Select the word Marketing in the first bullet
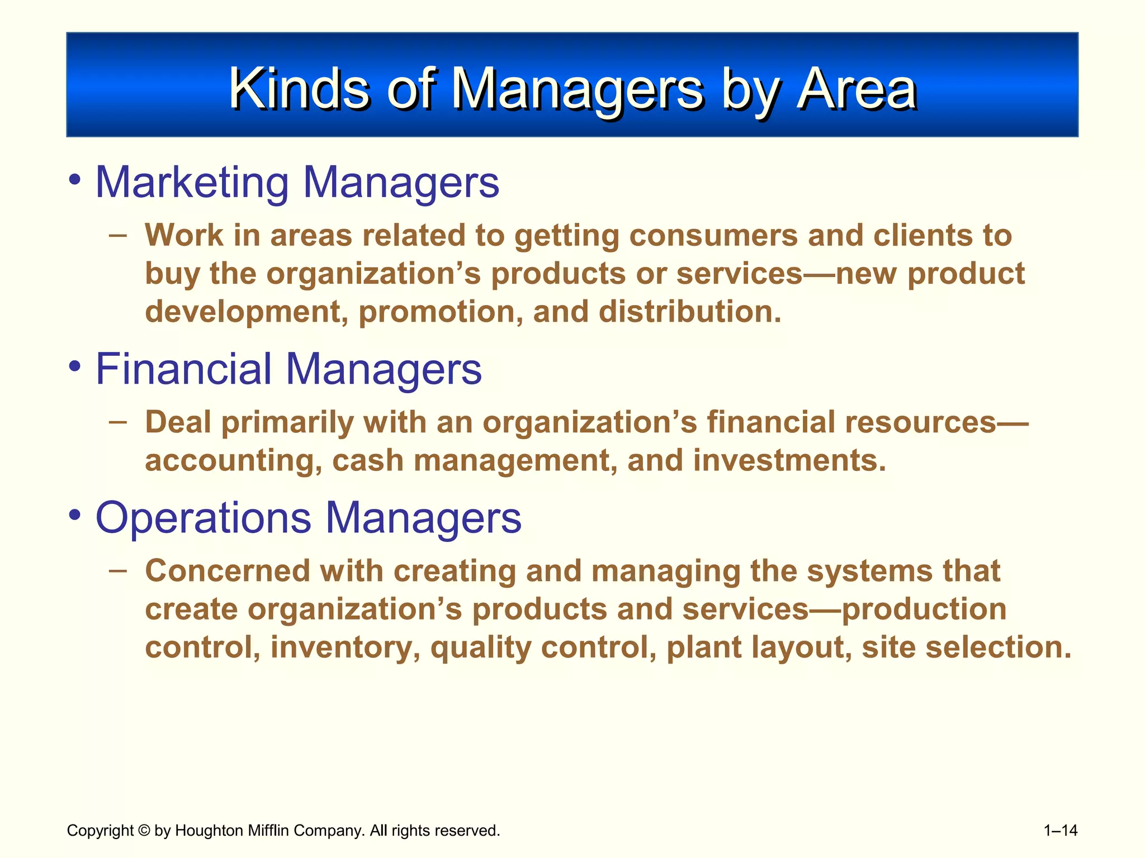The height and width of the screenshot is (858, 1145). click(x=192, y=183)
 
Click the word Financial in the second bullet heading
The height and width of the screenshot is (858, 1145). click(x=184, y=369)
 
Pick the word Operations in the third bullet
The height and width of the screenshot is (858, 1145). click(x=203, y=518)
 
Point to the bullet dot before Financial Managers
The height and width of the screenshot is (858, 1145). click(x=74, y=367)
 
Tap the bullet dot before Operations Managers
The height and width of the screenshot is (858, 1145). click(x=74, y=516)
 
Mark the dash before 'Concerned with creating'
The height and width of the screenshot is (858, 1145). click(x=117, y=570)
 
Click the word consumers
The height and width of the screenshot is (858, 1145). click(x=713, y=236)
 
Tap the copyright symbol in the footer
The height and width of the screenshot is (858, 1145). click(x=144, y=831)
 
